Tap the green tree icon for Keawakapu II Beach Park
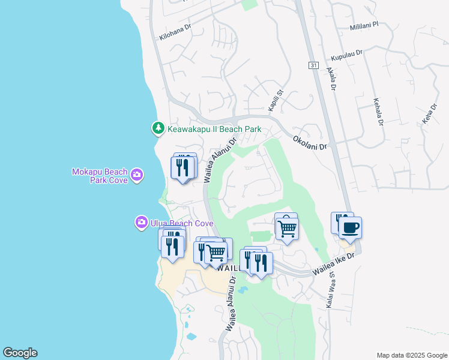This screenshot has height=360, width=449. tap(158, 128)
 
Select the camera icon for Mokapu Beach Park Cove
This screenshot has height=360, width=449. tap(137, 175)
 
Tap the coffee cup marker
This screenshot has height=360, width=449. tap(350, 229)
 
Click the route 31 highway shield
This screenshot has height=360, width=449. tap(314, 65)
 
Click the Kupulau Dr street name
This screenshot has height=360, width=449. tap(347, 56)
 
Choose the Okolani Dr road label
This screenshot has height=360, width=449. tap(310, 142)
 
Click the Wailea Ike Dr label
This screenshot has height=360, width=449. tap(334, 265)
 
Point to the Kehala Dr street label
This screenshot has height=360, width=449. tap(378, 112)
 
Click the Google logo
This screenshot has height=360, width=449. tap(20, 353)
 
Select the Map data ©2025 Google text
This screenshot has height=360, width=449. tap(412, 355)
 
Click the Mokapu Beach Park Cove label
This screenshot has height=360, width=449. tap(100, 175)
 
